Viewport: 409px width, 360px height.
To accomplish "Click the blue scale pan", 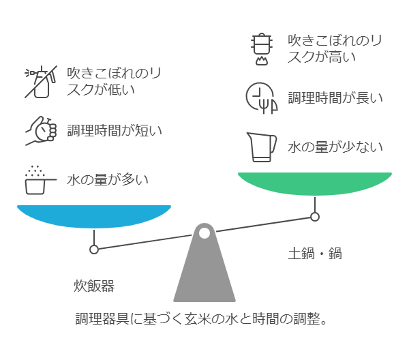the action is [x=94, y=216].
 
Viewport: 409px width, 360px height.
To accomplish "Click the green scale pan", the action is [x=315, y=183].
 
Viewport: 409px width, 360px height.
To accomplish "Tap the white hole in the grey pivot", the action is [x=204, y=233].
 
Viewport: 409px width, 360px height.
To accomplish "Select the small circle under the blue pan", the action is [x=94, y=250].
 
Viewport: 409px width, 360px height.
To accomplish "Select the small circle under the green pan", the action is [x=315, y=217].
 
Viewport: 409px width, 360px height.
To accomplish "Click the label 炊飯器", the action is [x=94, y=286].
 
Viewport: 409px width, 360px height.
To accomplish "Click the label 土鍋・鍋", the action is [x=315, y=254].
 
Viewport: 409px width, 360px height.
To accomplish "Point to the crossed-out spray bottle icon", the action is [x=41, y=82].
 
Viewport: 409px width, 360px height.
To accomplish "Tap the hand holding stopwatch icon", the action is [x=41, y=130].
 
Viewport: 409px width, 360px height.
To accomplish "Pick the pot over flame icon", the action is [x=262, y=49].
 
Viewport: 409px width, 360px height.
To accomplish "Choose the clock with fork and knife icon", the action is [x=262, y=98].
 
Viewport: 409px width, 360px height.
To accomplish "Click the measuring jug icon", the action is [x=262, y=147].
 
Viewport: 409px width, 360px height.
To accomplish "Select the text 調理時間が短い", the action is [x=115, y=130].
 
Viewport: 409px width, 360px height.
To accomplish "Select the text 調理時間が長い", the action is [x=335, y=98].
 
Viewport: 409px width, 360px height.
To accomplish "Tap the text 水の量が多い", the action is [x=108, y=180].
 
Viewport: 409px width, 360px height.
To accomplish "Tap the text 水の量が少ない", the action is [x=335, y=147].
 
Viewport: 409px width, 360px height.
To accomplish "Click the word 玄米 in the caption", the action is [x=197, y=318].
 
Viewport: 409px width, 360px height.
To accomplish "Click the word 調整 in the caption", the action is [x=307, y=318].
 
